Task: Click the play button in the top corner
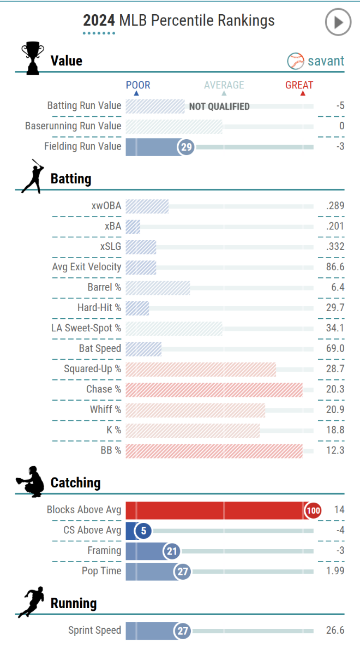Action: click(338, 22)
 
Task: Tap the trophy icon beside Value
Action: click(32, 57)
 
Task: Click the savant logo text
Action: click(316, 61)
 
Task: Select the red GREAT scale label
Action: click(299, 85)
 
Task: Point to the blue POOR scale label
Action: click(137, 85)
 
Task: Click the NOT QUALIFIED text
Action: click(219, 106)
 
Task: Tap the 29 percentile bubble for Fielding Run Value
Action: click(186, 147)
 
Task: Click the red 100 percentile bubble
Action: click(313, 510)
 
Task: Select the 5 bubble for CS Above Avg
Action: click(143, 531)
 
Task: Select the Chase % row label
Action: click(104, 389)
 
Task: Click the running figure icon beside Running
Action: click(30, 603)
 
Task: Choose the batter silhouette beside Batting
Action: click(32, 176)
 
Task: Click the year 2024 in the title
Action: click(99, 21)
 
